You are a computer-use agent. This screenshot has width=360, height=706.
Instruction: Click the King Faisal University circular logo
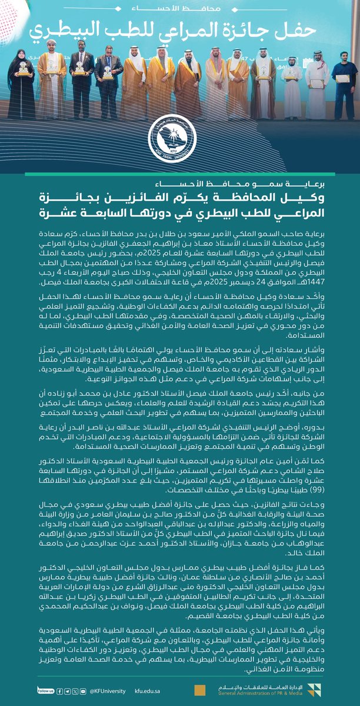click(x=180, y=137)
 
